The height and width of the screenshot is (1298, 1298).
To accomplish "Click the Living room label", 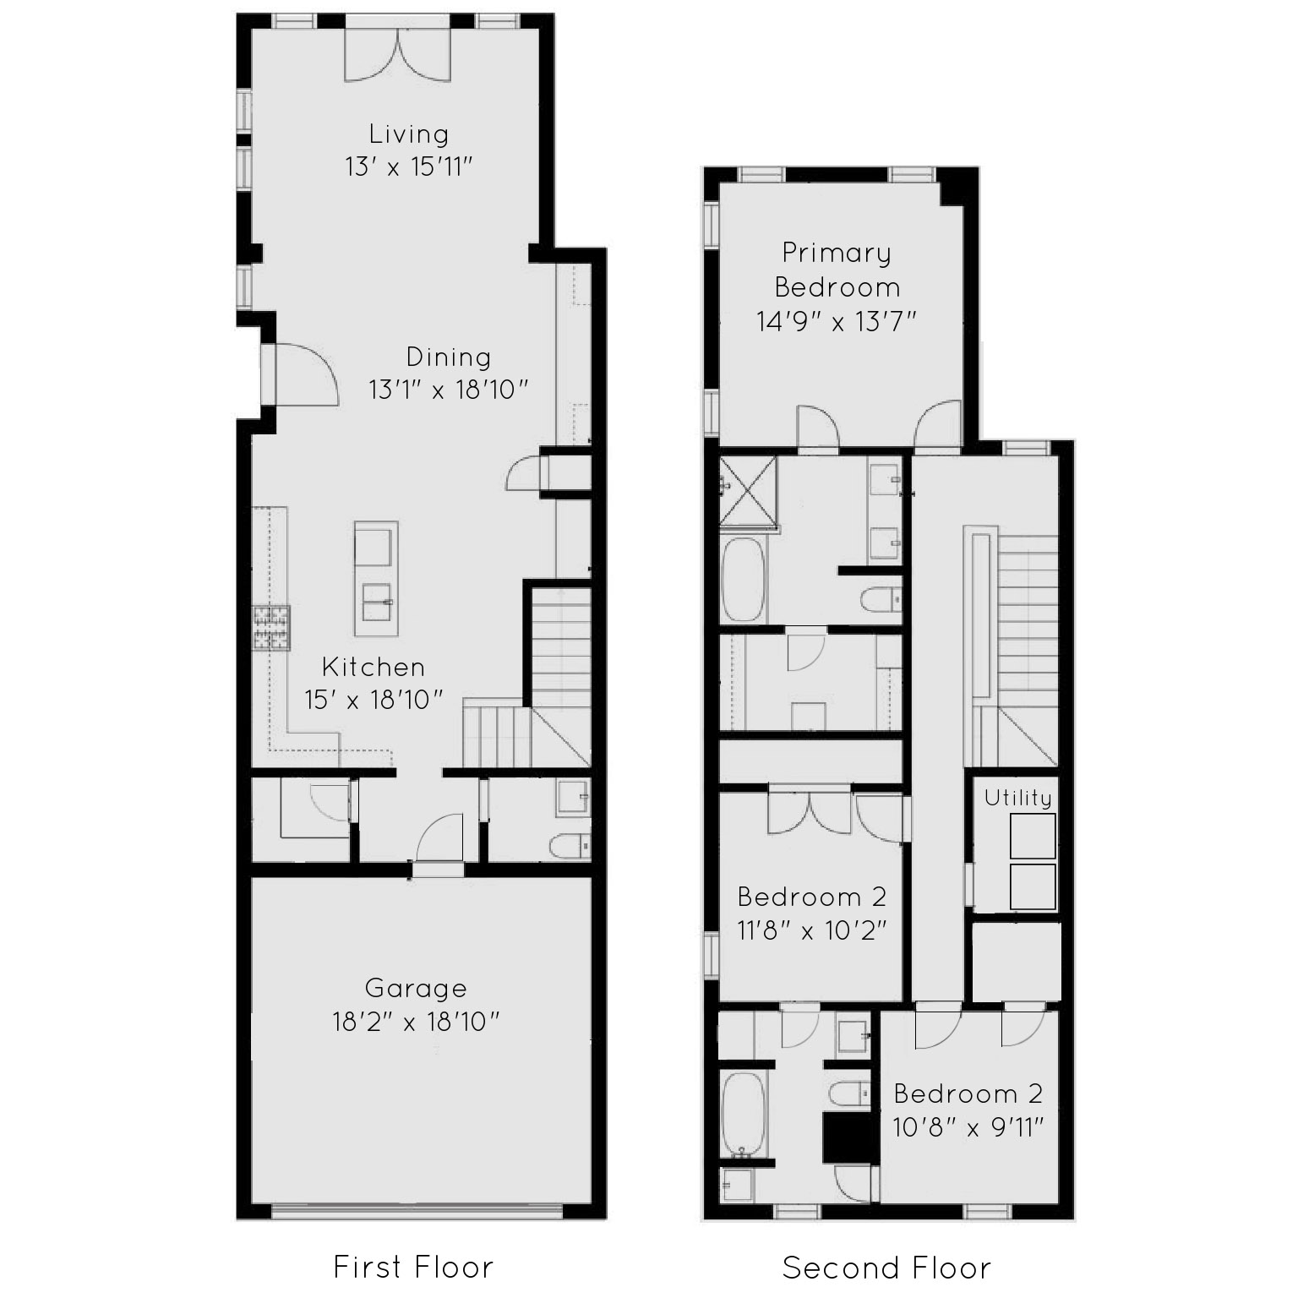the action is tap(408, 134).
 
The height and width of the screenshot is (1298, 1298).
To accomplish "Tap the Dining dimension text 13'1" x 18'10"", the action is tap(449, 390).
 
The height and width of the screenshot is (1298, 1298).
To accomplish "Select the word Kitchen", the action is tap(374, 667).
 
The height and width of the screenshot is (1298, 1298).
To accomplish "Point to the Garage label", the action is tap(416, 988).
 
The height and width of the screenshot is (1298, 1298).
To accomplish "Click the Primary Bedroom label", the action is tap(837, 270).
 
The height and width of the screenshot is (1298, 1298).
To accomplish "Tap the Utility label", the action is tap(1018, 798).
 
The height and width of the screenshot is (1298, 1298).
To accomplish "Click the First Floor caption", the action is tap(413, 1267).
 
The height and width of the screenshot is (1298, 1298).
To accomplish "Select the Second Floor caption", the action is tap(886, 1268).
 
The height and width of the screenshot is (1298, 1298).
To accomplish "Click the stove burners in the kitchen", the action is tap(271, 627).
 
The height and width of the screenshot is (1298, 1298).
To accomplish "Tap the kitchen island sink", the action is tap(377, 602).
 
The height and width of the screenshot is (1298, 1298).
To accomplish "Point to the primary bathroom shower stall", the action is tap(748, 489).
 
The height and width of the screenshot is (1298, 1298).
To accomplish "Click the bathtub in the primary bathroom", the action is tap(744, 580).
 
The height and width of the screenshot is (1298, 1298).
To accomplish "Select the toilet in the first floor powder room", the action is tap(570, 846).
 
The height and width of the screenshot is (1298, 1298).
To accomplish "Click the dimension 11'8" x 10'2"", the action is tap(811, 930).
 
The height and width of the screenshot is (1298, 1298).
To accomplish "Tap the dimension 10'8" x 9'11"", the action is tap(968, 1127).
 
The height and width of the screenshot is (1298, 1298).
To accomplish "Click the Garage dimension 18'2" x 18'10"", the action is tap(416, 1023).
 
